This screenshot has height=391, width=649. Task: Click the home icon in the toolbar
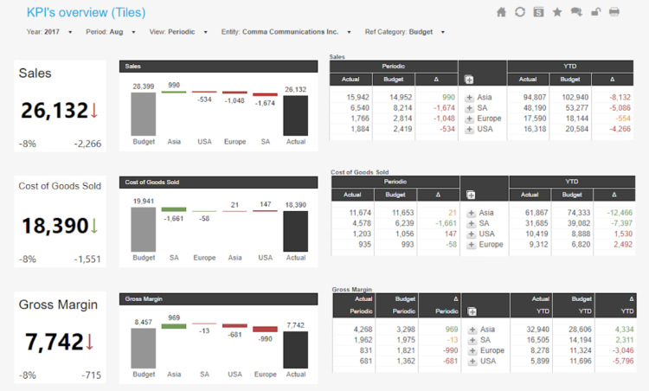[501, 12]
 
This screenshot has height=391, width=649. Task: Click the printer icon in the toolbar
[614, 12]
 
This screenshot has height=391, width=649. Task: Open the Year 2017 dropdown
[69, 32]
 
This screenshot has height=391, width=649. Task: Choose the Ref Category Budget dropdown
[443, 32]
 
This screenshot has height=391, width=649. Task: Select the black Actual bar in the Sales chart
[295, 115]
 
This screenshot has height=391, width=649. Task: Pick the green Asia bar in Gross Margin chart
[174, 326]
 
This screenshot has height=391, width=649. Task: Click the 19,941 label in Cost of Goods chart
[144, 200]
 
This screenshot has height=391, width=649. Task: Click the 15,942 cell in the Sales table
[357, 97]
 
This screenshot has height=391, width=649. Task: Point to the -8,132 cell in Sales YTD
[618, 97]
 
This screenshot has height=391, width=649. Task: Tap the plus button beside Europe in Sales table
[469, 119]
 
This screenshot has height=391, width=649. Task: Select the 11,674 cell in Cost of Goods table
[358, 212]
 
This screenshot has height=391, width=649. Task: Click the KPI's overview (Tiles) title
[86, 12]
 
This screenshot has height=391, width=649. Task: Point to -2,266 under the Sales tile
[87, 144]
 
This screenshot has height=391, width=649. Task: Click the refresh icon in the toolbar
[520, 12]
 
